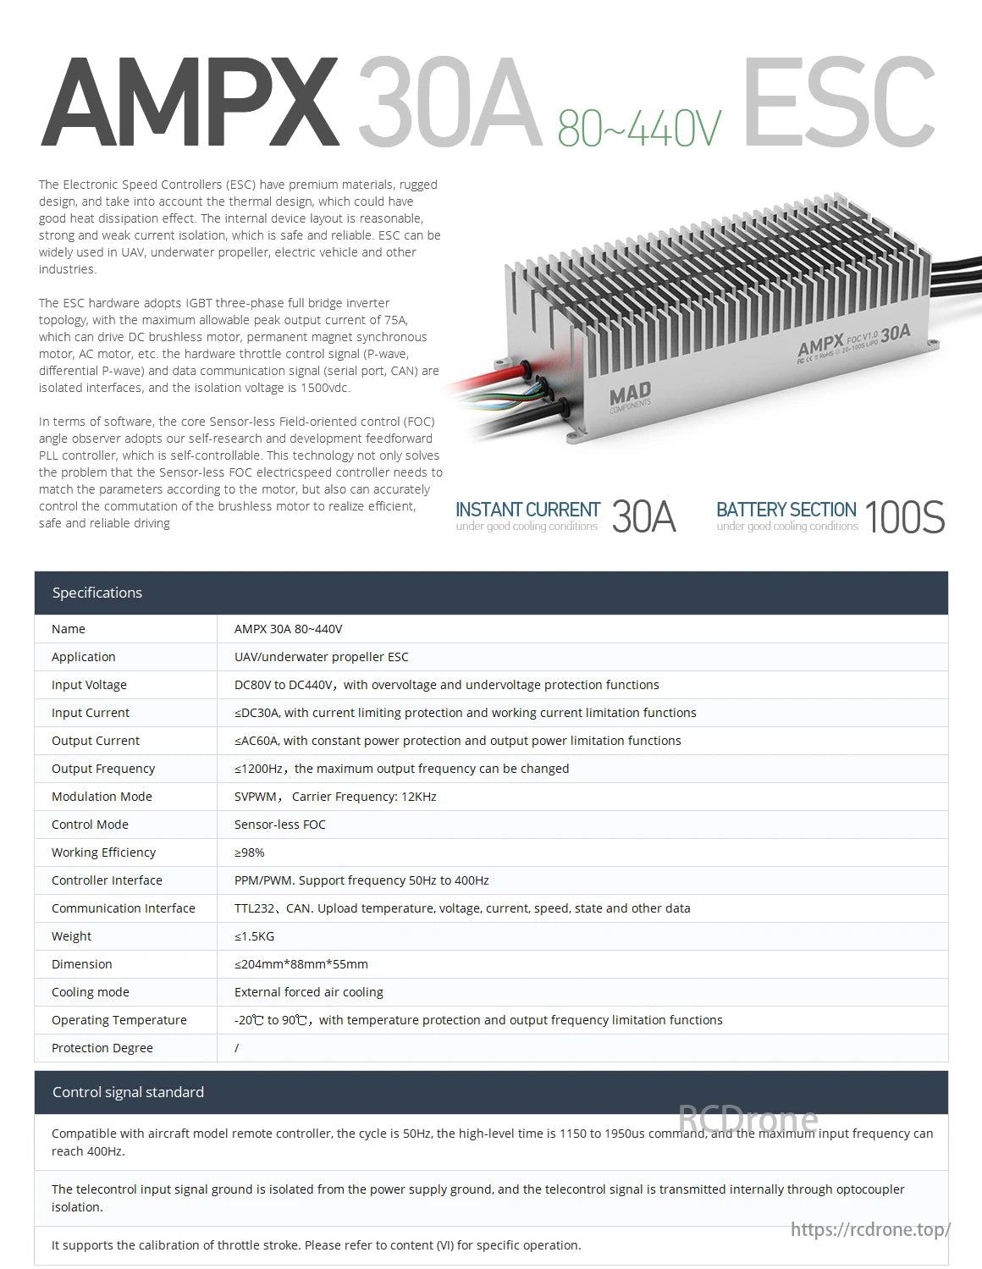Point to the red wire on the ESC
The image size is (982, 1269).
pyautogui.click(x=483, y=378)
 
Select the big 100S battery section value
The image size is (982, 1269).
pyautogui.click(x=904, y=516)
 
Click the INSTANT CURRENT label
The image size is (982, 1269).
pyautogui.click(x=527, y=510)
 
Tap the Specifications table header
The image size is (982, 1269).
pyautogui.click(x=97, y=593)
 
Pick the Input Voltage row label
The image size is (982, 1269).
pyautogui.click(x=89, y=685)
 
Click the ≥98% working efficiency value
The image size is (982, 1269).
pyautogui.click(x=250, y=852)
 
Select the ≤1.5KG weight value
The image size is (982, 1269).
pyautogui.click(x=254, y=936)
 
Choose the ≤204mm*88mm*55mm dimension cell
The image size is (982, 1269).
pyautogui.click(x=301, y=964)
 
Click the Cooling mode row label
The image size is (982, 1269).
pyautogui.click(x=91, y=992)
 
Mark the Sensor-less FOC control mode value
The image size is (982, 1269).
pyautogui.click(x=279, y=825)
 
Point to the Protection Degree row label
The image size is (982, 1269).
pyautogui.click(x=102, y=1048)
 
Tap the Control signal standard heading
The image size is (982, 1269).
pyautogui.click(x=128, y=1092)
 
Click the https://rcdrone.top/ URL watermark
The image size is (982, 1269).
pyautogui.click(x=870, y=1229)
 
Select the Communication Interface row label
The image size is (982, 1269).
pyautogui.click(x=124, y=908)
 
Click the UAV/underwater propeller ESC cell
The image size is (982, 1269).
pyautogui.click(x=321, y=657)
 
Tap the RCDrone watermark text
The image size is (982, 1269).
pyautogui.click(x=748, y=1120)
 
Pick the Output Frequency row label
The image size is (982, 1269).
pyautogui.click(x=103, y=769)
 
